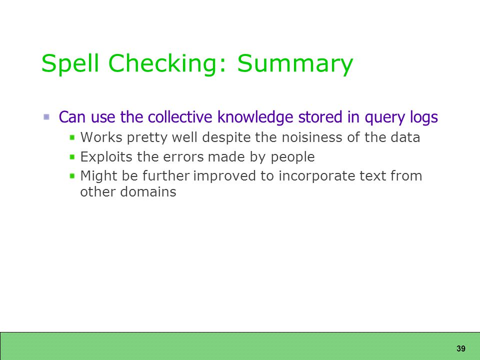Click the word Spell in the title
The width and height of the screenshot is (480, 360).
coord(70,63)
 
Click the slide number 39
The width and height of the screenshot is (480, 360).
coord(460,348)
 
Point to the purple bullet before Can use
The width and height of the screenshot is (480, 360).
coord(46,117)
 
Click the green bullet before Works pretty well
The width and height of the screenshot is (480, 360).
coord(72,137)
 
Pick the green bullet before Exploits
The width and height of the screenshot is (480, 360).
coord(72,157)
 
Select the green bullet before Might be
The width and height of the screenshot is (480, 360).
coord(72,176)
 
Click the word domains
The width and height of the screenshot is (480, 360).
coord(148,192)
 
